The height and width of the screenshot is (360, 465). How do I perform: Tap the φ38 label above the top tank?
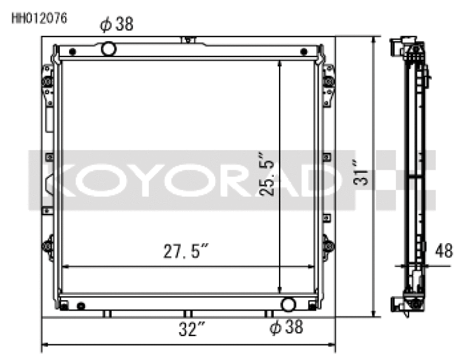[117, 24]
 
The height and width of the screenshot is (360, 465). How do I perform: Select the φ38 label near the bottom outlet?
[286, 327]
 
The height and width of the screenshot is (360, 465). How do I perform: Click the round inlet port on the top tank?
[109, 49]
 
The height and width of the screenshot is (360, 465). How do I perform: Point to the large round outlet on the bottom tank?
[288, 304]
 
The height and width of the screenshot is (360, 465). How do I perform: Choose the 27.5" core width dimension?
[185, 252]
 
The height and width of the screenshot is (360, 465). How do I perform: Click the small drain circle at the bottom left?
[81, 306]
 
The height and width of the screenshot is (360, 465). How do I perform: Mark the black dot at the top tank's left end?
[72, 52]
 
